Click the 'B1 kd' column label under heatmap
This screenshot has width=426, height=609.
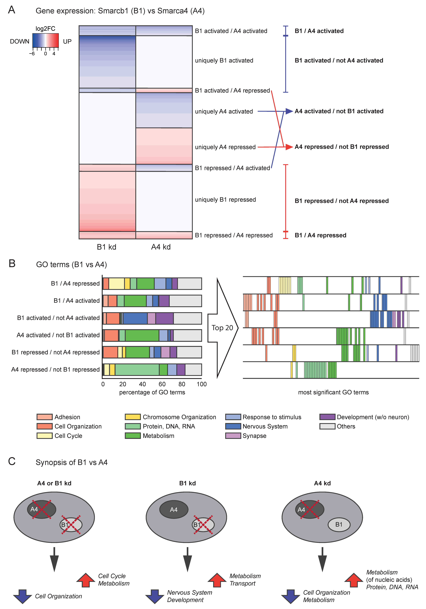tap(107, 247)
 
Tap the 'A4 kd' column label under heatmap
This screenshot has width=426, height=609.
tap(161, 247)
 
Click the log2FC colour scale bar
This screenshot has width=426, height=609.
tap(46, 40)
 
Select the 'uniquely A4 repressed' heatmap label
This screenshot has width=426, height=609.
tap(225, 147)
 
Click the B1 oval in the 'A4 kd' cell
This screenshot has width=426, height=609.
tap(339, 524)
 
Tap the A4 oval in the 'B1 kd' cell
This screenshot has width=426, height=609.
tap(174, 510)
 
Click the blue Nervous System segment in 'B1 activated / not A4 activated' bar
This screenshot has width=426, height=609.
tap(135, 318)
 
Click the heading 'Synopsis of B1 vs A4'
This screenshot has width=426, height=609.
tap(72, 462)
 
